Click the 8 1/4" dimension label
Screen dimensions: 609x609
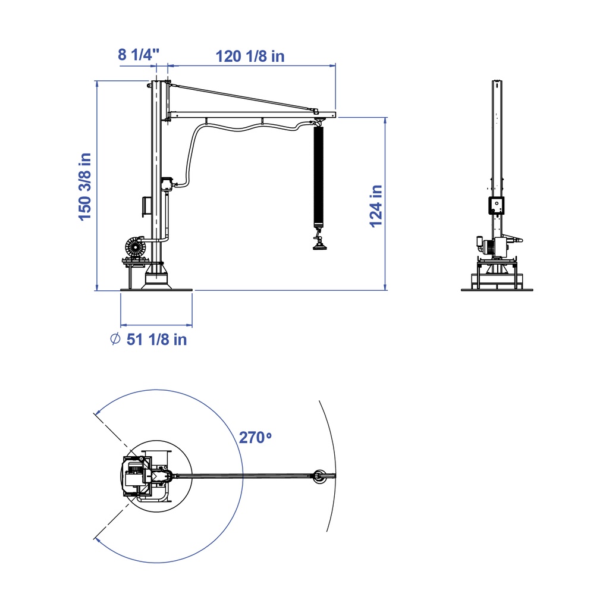point(139,54)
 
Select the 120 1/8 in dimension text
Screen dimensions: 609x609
point(250,56)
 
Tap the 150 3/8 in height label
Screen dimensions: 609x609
point(84,187)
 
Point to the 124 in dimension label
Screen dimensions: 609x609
point(376,206)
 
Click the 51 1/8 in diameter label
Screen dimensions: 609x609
point(157,340)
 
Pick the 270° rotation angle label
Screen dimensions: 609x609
point(255,437)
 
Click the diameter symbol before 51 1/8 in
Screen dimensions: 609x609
point(115,339)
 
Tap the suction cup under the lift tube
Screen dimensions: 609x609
point(319,245)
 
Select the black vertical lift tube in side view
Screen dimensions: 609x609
point(319,177)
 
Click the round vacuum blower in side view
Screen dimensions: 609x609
point(135,246)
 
